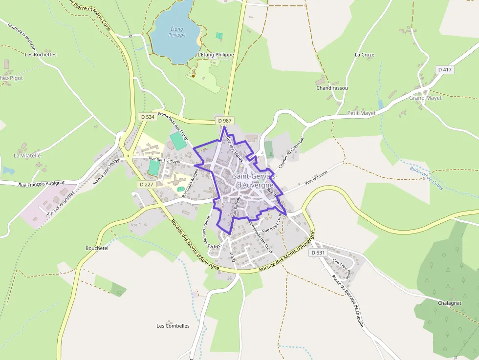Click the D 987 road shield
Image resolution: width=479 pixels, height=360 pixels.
pyautogui.click(x=225, y=120)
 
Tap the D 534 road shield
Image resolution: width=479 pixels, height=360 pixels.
pyautogui.click(x=147, y=117)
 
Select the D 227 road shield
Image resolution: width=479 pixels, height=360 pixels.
pyautogui.click(x=147, y=184)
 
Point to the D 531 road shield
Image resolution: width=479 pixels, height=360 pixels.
pyautogui.click(x=318, y=253)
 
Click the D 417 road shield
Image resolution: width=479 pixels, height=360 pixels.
pyautogui.click(x=445, y=70)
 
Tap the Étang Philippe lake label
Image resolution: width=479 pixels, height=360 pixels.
pyautogui.click(x=176, y=32)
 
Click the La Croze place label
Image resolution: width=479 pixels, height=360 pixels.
pyautogui.click(x=365, y=55)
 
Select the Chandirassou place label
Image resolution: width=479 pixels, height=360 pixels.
pyautogui.click(x=332, y=88)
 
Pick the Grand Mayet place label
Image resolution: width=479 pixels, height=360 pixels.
pyautogui.click(x=425, y=98)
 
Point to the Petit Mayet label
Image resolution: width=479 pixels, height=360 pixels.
pyautogui.click(x=361, y=113)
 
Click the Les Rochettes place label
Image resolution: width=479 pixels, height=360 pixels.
pyautogui.click(x=41, y=55)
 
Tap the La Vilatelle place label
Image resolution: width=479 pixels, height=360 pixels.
pyautogui.click(x=27, y=156)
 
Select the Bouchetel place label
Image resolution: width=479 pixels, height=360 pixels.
pyautogui.click(x=97, y=248)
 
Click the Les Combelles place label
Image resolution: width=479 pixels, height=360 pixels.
pyautogui.click(x=173, y=326)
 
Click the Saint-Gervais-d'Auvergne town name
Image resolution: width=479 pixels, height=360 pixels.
pyautogui.click(x=254, y=181)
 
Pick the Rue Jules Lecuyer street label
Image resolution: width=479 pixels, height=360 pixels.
pyautogui.click(x=164, y=160)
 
